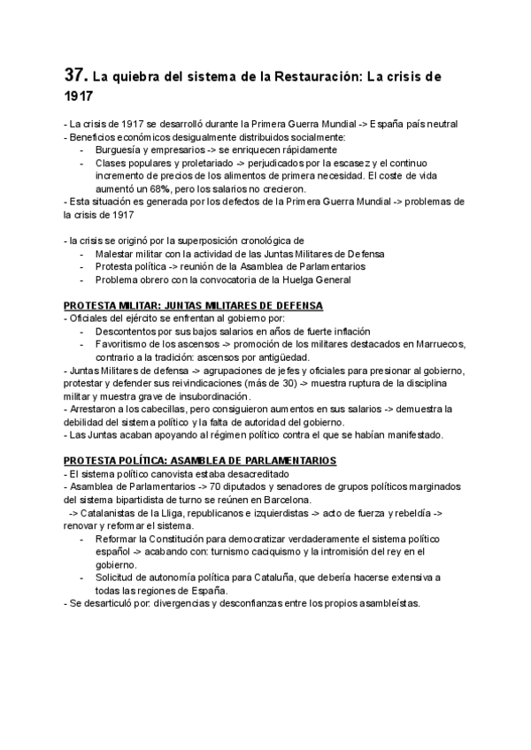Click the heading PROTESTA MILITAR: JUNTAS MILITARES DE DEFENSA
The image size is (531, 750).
click(194, 305)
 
